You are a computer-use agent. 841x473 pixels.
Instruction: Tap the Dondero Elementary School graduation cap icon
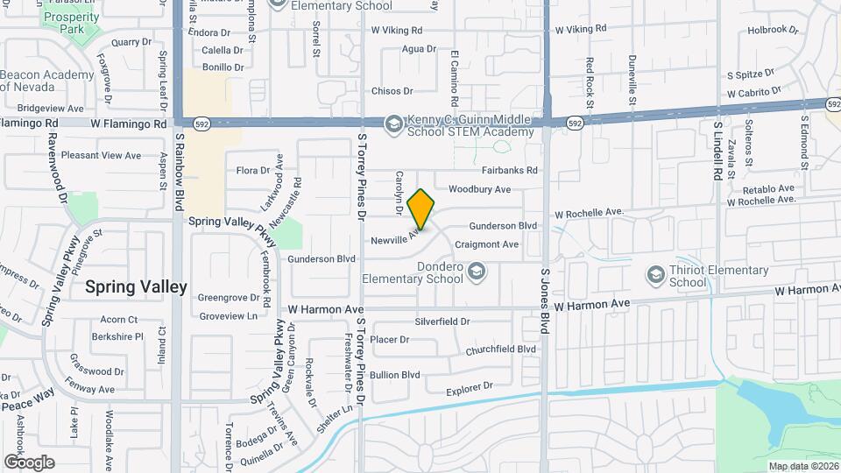(476, 272)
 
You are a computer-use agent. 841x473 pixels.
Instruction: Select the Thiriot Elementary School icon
(655, 276)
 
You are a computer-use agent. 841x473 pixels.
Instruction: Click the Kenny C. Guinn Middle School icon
(393, 124)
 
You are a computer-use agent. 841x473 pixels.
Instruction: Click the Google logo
(29, 462)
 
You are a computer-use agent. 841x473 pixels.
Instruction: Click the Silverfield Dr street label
(442, 322)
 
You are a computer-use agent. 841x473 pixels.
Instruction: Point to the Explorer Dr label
(470, 386)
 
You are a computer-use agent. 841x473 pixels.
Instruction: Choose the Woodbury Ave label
(479, 189)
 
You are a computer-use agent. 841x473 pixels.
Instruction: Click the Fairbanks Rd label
(509, 170)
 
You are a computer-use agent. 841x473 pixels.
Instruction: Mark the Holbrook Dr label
(774, 30)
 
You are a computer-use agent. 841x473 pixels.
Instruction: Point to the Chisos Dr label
(392, 91)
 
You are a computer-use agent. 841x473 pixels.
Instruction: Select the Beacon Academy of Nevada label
(48, 81)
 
